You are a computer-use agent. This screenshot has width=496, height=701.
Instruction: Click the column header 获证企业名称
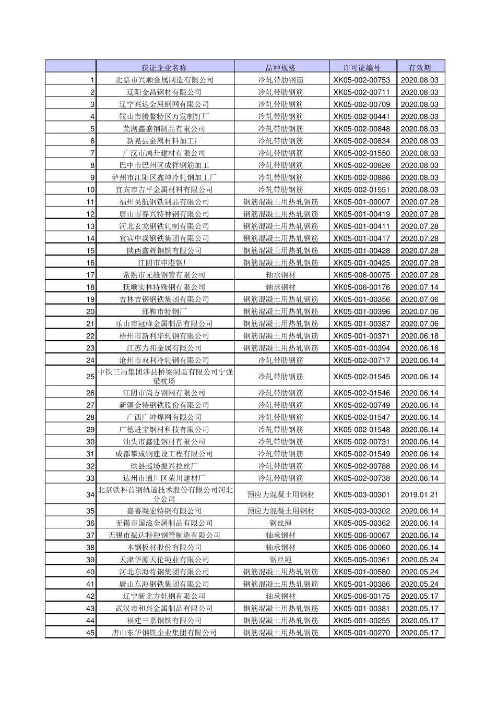coord(164,67)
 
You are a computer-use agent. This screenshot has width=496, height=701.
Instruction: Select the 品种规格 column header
coord(281,67)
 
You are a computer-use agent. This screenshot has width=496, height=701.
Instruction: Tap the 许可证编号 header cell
coord(362,67)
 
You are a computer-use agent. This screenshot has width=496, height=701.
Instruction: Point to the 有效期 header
coord(420,67)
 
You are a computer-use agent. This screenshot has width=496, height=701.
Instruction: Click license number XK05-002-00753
coord(362,80)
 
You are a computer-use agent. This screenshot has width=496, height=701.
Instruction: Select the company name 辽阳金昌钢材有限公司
coord(164,92)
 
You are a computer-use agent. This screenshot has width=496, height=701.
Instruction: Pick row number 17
coord(91,275)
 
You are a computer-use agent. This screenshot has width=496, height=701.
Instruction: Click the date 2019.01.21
coord(420,494)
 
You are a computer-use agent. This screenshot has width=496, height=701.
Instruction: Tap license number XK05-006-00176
coord(362,287)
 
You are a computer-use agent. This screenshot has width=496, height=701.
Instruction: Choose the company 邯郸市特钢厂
coord(164,311)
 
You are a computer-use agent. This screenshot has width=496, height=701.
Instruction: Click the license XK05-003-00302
coord(362,511)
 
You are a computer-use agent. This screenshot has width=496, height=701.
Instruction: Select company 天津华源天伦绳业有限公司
coord(164,560)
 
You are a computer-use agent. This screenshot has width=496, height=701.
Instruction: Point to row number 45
coord(91,633)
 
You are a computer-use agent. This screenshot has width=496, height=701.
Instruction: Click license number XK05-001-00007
coord(362,202)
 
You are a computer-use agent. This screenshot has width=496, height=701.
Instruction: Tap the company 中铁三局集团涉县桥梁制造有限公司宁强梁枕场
coord(164,377)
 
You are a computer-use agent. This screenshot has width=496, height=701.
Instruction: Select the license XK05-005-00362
coord(362,523)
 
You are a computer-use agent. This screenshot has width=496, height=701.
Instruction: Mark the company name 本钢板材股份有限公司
coord(164,548)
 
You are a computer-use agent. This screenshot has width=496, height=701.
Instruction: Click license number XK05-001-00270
coord(362,633)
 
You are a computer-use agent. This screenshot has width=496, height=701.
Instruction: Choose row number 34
coord(91,494)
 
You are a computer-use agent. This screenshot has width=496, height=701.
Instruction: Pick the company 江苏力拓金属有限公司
coord(164,348)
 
